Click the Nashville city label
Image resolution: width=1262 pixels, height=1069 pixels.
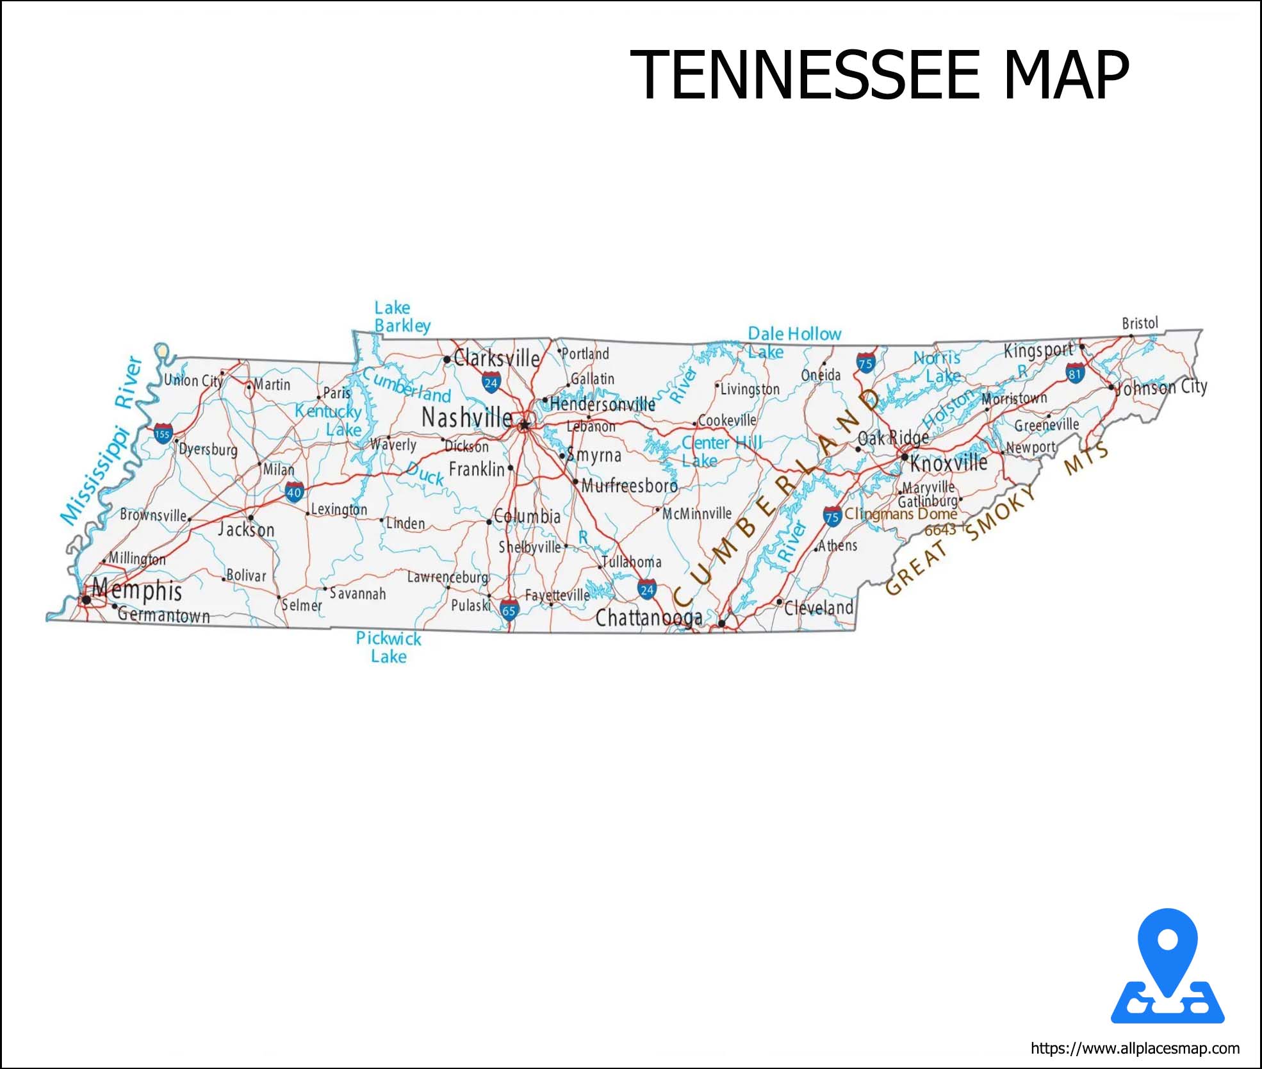point(467,418)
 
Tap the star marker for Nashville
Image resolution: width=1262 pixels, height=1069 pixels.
point(525,424)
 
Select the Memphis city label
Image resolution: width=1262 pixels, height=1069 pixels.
point(137,590)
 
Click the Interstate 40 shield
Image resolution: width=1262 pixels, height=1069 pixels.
point(294,492)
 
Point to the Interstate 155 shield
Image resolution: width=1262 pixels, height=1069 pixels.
point(163,434)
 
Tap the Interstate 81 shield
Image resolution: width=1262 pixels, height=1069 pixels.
point(1074,373)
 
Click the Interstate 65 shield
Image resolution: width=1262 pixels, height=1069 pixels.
point(509,609)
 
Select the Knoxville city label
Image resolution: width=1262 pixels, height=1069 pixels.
point(949,463)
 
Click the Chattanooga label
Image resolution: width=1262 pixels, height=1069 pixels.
point(648,618)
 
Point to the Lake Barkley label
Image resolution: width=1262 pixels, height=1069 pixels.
point(402,317)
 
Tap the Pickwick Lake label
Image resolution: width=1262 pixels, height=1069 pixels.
point(388,647)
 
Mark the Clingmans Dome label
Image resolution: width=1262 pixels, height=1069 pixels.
point(900,514)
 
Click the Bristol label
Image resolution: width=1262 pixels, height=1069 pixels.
point(1140,323)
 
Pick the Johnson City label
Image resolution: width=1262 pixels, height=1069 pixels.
point(1161,387)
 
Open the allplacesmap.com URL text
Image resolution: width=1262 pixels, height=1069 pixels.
point(1135,1048)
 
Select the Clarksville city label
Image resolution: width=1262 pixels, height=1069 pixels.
point(496,358)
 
